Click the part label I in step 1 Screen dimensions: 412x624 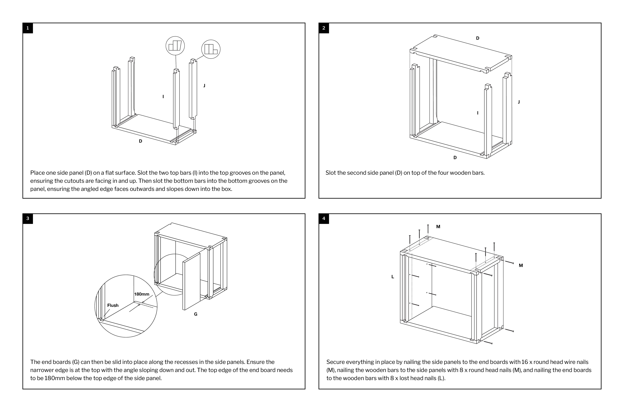point(163,97)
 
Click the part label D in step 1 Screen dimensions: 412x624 point(140,141)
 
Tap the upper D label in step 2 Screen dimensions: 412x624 point(477,38)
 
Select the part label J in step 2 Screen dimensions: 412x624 point(519,102)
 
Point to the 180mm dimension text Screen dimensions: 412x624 point(142,294)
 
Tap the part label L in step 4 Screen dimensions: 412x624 point(393,277)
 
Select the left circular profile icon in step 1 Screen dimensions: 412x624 point(175,46)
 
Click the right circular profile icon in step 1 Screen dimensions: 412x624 point(211,49)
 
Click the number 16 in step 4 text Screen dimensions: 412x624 point(524,362)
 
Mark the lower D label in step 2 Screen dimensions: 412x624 point(455,158)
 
